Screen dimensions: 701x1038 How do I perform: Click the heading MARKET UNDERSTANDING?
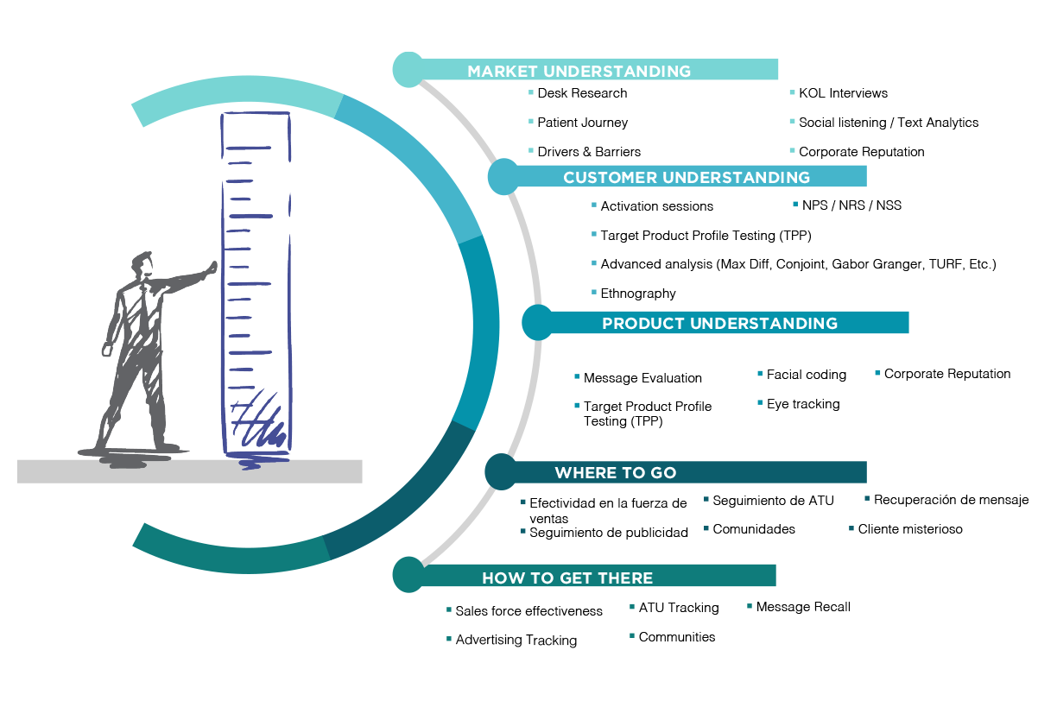tap(579, 72)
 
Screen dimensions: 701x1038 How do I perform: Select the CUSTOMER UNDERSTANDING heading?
tap(687, 178)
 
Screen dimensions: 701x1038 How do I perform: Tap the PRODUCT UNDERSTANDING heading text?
tap(719, 324)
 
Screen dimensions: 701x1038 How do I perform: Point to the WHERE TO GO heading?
tap(615, 473)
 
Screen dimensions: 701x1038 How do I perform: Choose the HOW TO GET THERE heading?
tap(567, 578)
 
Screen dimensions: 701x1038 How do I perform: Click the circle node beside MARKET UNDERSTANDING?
tap(408, 69)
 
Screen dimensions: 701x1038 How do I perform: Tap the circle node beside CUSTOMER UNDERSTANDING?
tap(503, 177)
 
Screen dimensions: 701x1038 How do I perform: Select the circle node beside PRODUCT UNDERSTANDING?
tap(537, 323)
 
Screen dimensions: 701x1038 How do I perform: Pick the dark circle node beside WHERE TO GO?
tap(501, 472)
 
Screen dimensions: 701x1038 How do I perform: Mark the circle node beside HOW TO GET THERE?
tap(408, 575)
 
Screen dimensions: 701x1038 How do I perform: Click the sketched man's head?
tap(142, 263)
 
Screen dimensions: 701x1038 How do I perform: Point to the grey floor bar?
tap(189, 471)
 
